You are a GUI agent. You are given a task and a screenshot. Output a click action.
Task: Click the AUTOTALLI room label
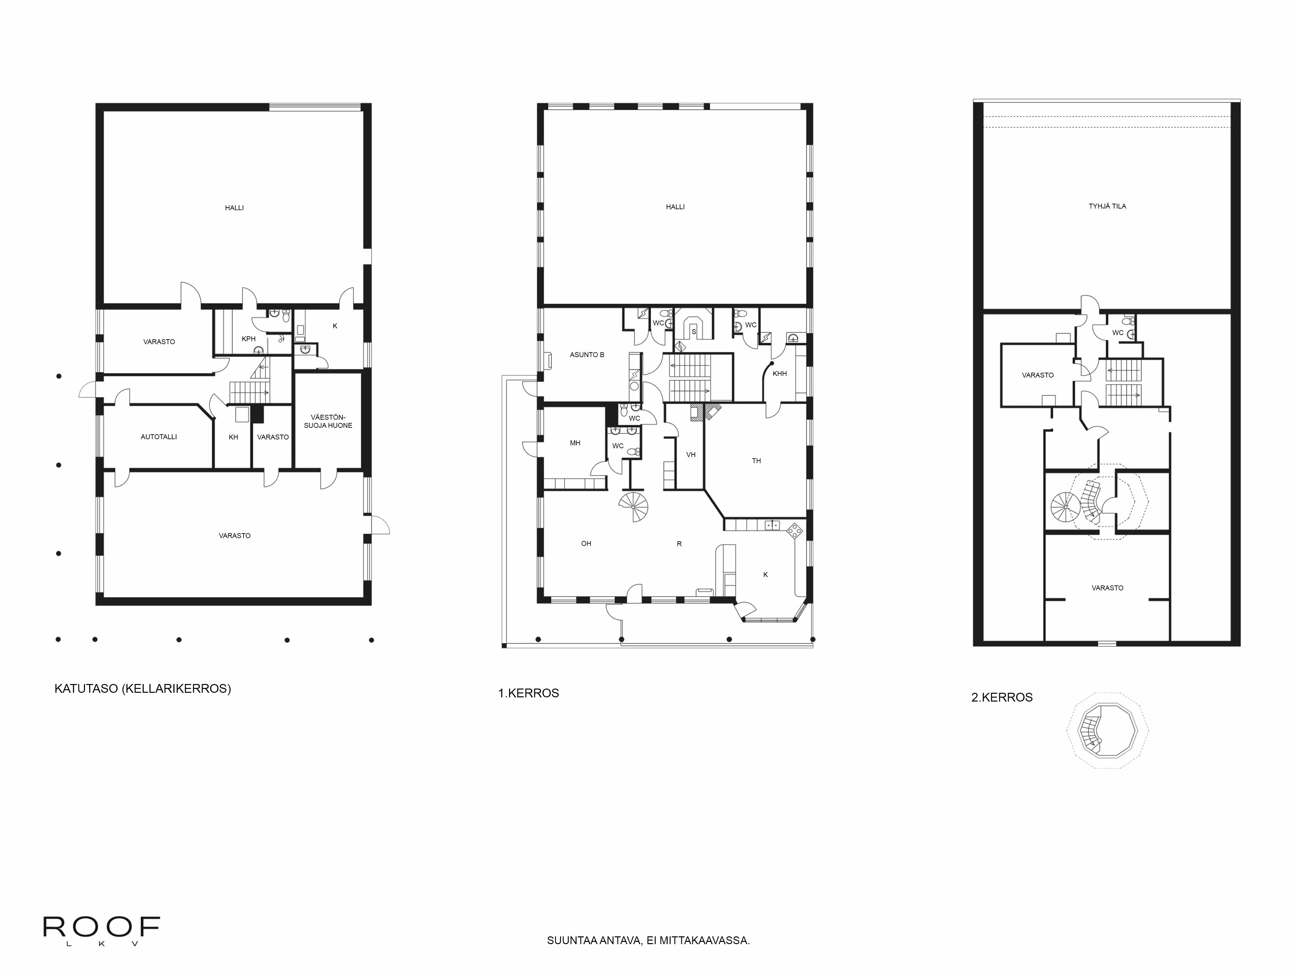coord(158,437)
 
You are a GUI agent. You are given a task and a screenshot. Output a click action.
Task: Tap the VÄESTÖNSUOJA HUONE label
coord(328,422)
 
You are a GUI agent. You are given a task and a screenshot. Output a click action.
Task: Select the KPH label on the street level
coord(249,339)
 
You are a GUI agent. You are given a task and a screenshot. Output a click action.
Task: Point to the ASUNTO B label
coord(587,355)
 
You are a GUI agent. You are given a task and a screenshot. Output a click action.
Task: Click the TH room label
coord(756,461)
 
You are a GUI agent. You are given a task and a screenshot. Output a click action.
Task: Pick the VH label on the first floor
coord(691,454)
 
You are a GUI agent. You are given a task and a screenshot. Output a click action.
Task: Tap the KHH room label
coord(780,374)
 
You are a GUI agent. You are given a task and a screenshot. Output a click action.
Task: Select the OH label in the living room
coord(586,544)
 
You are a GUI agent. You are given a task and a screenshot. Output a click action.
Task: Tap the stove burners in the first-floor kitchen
coord(794,531)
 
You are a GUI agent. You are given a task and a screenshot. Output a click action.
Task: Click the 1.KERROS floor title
coord(528,693)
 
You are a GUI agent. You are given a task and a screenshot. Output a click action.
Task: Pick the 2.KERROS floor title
coord(1002,697)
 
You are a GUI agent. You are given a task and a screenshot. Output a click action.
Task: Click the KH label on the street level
coord(233,437)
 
